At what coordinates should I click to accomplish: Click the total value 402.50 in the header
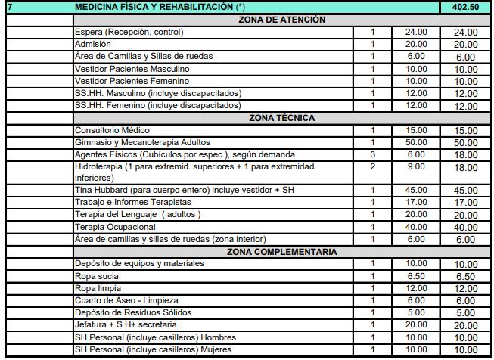tap(464, 7)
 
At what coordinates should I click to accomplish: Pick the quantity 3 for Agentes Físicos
tap(373, 154)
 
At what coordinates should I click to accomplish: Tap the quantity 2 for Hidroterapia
tap(373, 166)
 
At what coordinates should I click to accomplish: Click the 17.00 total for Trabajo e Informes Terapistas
tap(464, 203)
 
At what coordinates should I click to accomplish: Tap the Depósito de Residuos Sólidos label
tap(133, 312)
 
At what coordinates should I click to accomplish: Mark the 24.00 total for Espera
tap(464, 33)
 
